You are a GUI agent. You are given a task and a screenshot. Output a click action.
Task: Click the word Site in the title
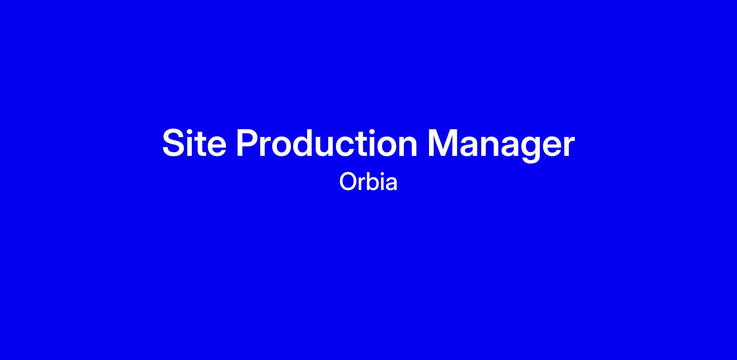coord(194,143)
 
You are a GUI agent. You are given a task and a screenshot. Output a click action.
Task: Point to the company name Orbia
coord(368,182)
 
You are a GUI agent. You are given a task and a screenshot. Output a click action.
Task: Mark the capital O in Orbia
coord(347,182)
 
